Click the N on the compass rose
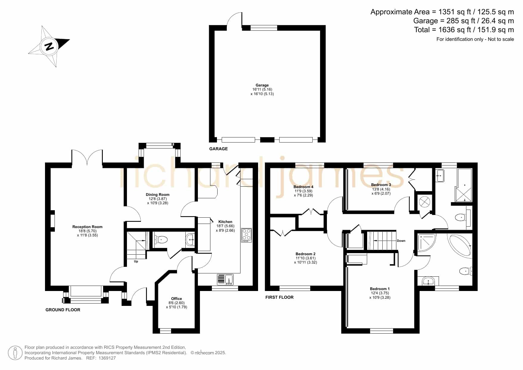(x=49, y=47)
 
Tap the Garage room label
(x=262, y=85)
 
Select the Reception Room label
(x=87, y=227)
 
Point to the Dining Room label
(x=158, y=195)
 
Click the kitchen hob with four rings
(x=246, y=235)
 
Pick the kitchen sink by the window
(x=225, y=279)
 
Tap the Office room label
(x=176, y=299)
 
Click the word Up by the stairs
(x=136, y=261)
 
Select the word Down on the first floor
(x=401, y=241)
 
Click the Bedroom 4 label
(x=303, y=187)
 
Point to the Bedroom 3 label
(x=381, y=185)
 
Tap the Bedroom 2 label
(x=305, y=254)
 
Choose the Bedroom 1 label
(x=380, y=289)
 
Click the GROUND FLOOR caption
(x=63, y=310)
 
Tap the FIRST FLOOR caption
(x=280, y=297)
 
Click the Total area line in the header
(x=464, y=30)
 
